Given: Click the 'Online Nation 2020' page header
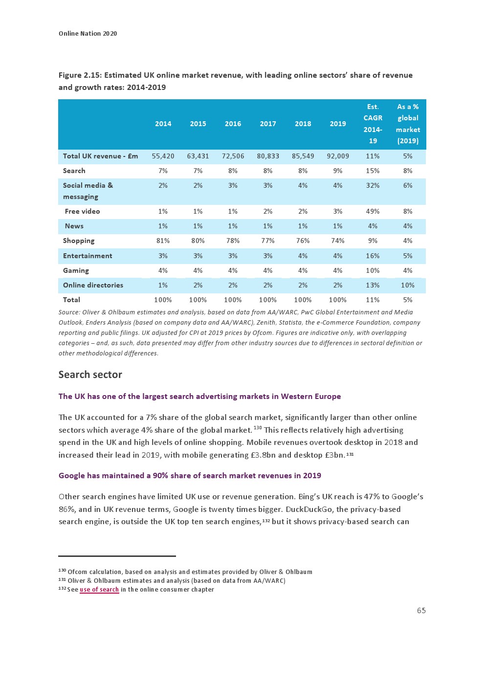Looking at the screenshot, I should pyautogui.click(x=88, y=34).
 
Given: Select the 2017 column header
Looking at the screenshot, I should pyautogui.click(x=268, y=124).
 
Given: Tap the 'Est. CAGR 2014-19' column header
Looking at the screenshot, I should pyautogui.click(x=373, y=124).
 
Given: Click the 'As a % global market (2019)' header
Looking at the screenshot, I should pyautogui.click(x=408, y=124).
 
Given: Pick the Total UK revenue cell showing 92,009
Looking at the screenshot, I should pyautogui.click(x=338, y=156).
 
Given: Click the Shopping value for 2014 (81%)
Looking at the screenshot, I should pyautogui.click(x=163, y=241).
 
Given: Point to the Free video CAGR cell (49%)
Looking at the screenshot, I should pyautogui.click(x=373, y=212).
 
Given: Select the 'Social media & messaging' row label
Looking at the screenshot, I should pyautogui.click(x=88, y=191).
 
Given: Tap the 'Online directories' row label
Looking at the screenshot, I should pyautogui.click(x=93, y=286).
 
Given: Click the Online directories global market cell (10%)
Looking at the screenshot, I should pyautogui.click(x=408, y=286).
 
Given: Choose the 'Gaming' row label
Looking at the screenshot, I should pyautogui.click(x=76, y=271).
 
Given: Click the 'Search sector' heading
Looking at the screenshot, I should pyautogui.click(x=90, y=375).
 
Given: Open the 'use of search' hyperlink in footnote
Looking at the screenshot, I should pyautogui.click(x=99, y=590).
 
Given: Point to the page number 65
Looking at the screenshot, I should pyautogui.click(x=421, y=611).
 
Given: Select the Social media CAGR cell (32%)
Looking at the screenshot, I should pyautogui.click(x=373, y=186).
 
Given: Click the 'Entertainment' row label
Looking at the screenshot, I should pyautogui.click(x=88, y=256).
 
